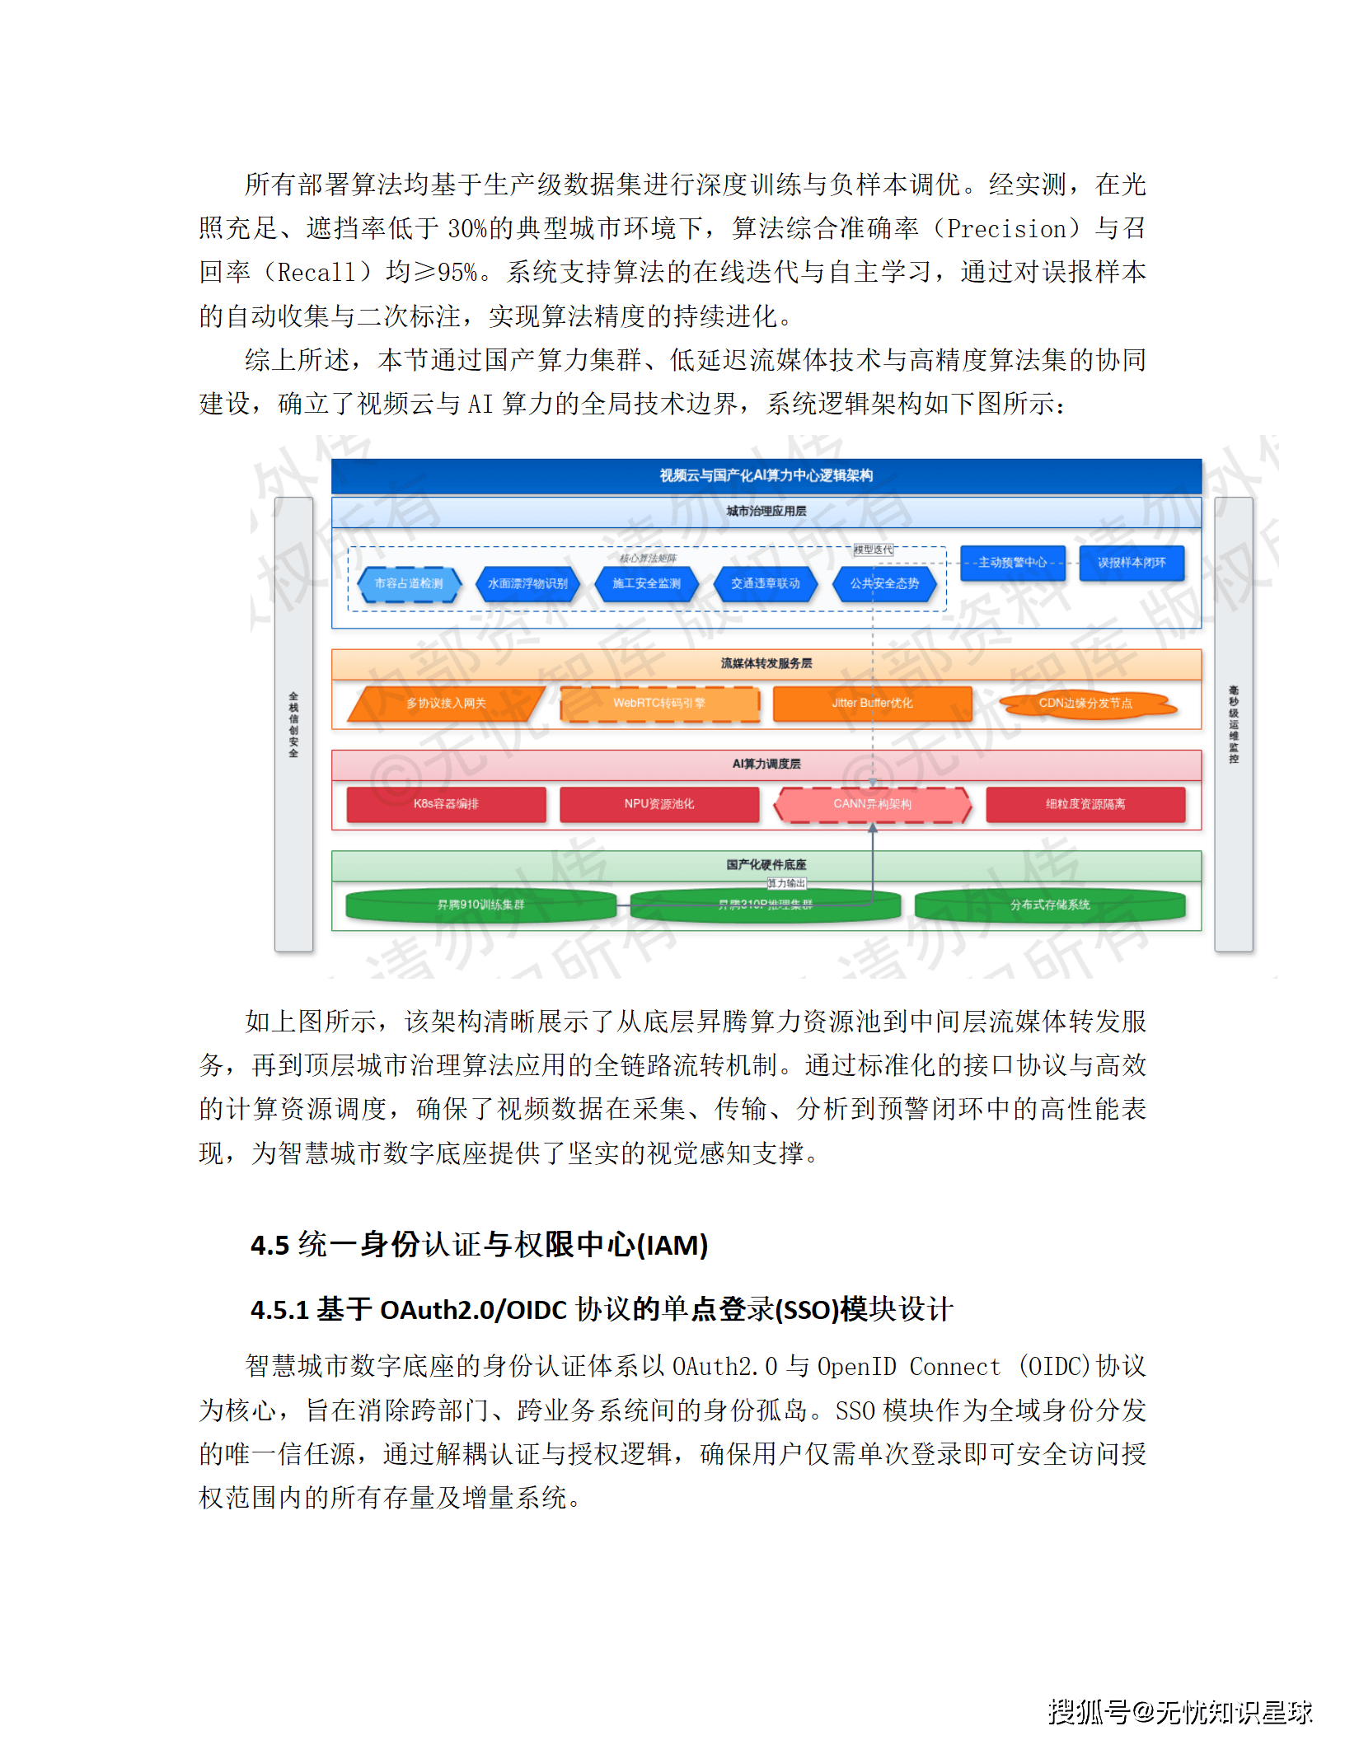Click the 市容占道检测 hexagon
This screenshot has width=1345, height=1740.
[x=409, y=583]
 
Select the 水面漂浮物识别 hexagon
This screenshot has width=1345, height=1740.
[x=527, y=583]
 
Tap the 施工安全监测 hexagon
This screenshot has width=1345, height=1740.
[x=647, y=583]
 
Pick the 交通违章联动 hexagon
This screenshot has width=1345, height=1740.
[x=766, y=583]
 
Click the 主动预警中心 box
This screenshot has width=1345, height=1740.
[x=1012, y=563]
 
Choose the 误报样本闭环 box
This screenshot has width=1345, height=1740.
[x=1132, y=563]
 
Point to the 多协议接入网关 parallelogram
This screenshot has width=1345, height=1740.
[x=446, y=704]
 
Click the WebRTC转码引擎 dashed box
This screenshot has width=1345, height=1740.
[x=659, y=704]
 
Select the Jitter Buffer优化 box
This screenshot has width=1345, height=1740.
[x=872, y=704]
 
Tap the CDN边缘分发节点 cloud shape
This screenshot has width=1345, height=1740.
[x=1085, y=704]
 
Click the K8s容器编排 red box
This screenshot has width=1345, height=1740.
[x=446, y=804]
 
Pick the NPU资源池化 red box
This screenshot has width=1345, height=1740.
[x=659, y=804]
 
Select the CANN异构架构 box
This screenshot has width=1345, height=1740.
[x=872, y=804]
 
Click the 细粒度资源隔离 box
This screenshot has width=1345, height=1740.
[x=1085, y=804]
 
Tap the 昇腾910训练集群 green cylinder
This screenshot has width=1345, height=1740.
[x=480, y=905]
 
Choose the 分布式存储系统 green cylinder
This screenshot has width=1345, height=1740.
[x=1050, y=905]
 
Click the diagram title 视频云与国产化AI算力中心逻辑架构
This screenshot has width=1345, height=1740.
[x=766, y=475]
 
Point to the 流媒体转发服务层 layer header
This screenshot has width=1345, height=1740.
[x=766, y=663]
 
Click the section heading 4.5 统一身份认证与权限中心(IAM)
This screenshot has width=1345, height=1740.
[x=479, y=1245]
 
